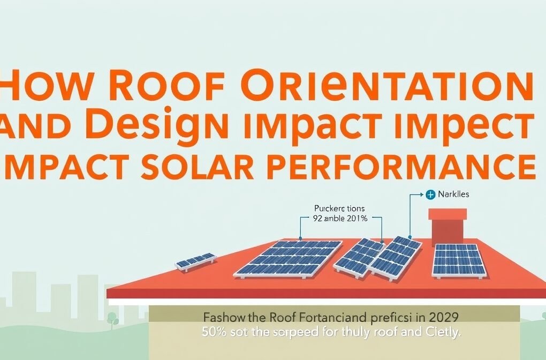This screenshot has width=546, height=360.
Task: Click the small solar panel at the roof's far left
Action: [x=196, y=261]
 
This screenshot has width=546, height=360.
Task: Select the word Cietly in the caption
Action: [x=439, y=332]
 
